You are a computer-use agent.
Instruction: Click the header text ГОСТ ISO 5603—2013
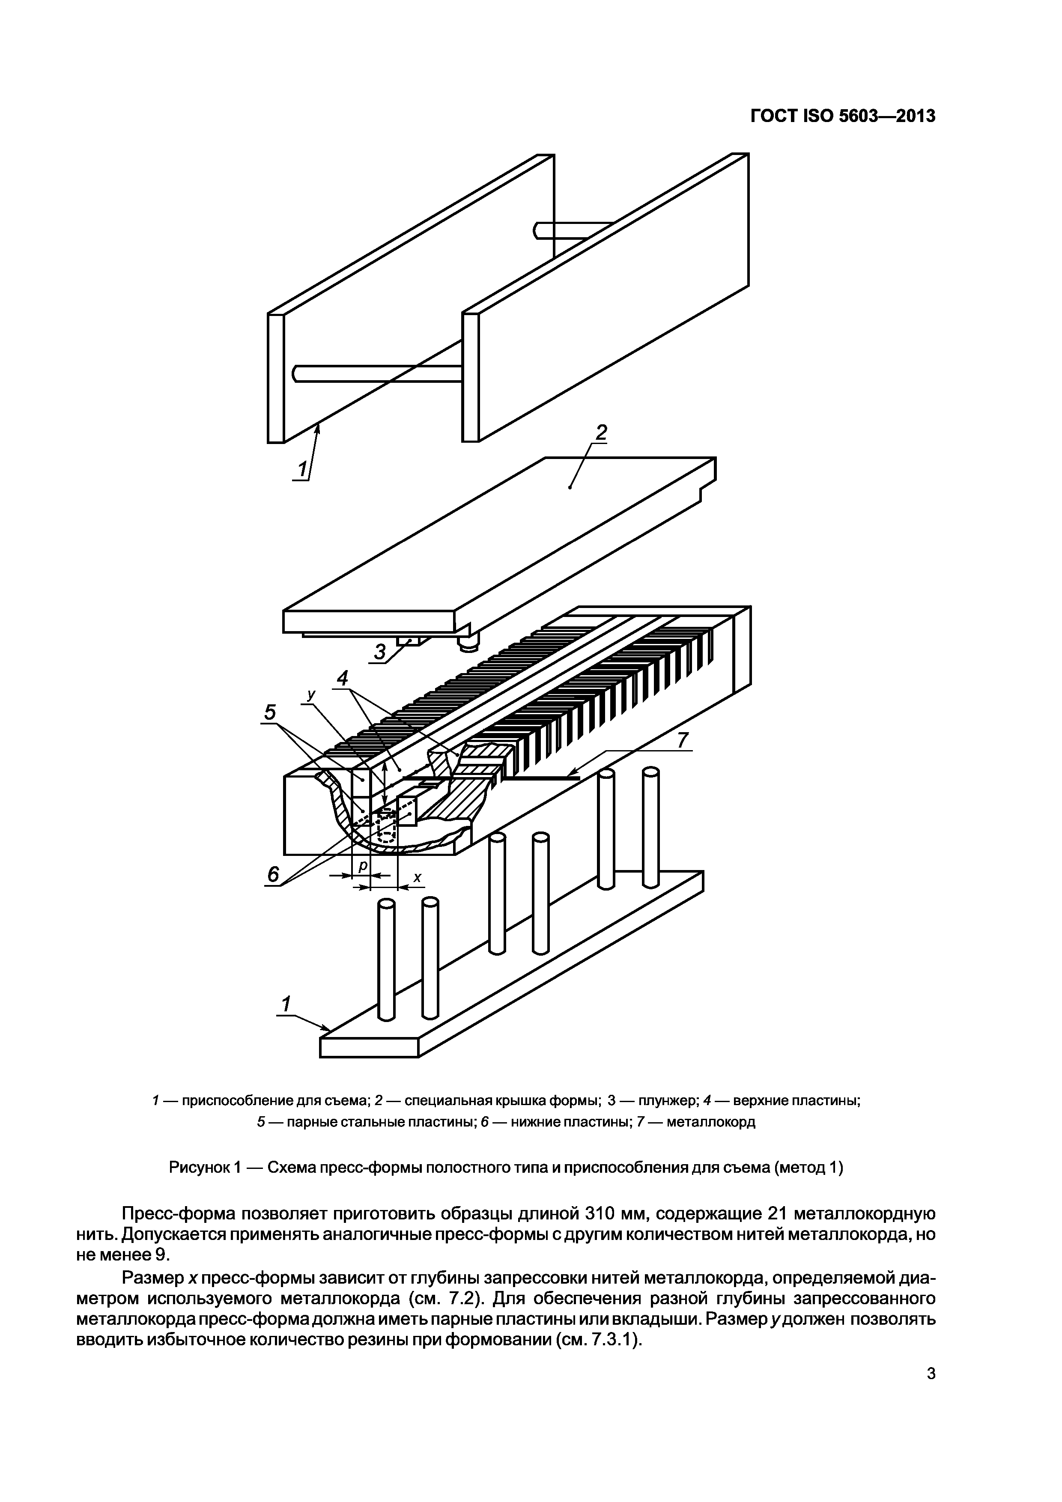click(843, 116)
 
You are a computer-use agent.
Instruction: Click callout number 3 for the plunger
click(381, 652)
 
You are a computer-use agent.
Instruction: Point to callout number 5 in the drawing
click(270, 712)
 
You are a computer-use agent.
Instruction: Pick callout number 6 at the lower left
click(273, 875)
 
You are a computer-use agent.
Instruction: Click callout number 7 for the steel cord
click(683, 741)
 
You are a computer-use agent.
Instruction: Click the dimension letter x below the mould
click(417, 878)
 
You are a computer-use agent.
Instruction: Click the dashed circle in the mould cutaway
click(386, 827)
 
